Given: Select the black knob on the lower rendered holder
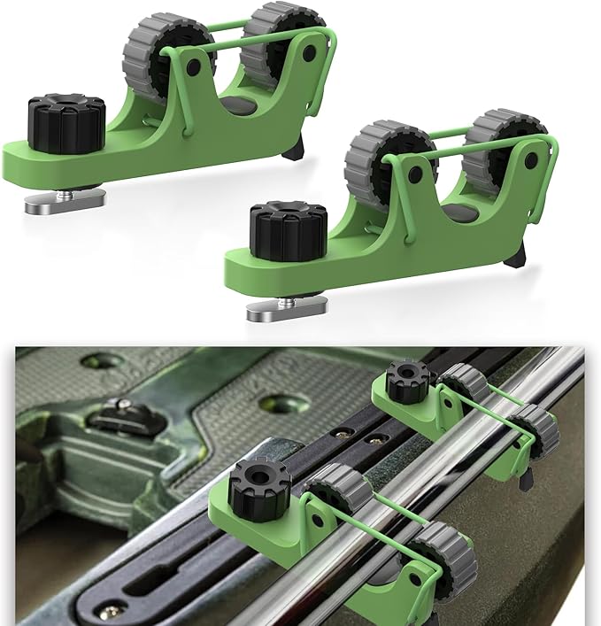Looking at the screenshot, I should coord(288,229).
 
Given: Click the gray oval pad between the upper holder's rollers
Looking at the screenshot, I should coord(237,105).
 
